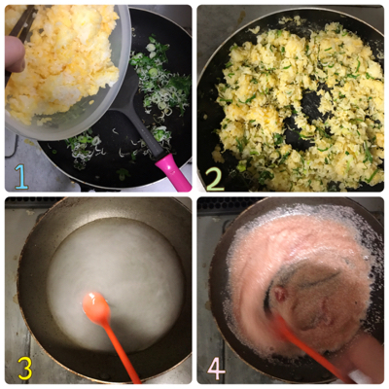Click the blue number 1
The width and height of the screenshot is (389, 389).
21,176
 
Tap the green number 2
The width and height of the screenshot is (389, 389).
215,178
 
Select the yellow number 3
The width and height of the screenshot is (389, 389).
25,369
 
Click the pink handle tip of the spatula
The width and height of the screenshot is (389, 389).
173,172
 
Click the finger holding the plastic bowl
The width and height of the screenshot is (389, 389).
15,53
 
